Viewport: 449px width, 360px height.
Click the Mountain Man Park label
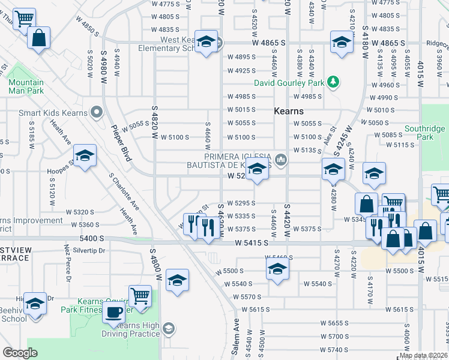26,86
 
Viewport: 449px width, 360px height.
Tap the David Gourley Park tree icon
331,82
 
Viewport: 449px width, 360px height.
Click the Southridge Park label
424,133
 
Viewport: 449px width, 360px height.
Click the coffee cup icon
113,312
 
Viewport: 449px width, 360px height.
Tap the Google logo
20,353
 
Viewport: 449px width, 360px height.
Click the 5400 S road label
91,238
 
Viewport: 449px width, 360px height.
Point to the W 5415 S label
251,243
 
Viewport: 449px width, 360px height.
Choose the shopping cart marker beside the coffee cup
139,296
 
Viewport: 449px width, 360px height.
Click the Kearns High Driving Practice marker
169,328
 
